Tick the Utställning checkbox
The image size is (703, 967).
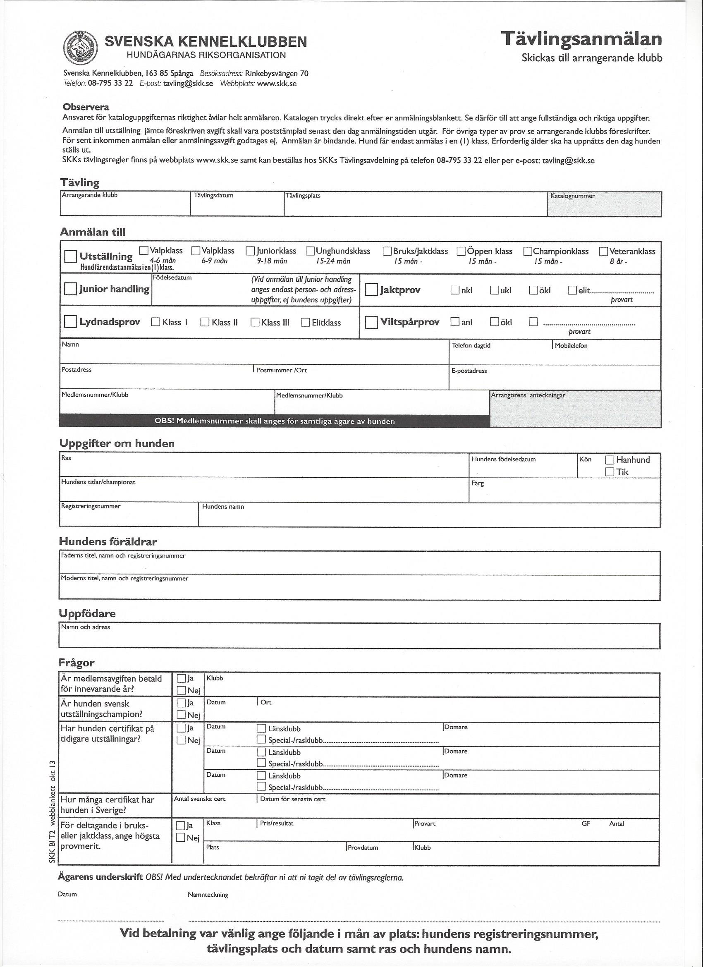click(70, 257)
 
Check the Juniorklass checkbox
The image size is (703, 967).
click(251, 251)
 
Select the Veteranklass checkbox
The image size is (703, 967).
click(604, 251)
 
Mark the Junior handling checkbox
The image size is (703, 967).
click(70, 289)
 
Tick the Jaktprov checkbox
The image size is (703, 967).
click(371, 290)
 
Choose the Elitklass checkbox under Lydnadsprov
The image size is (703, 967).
click(305, 322)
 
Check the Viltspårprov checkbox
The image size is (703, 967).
click(371, 322)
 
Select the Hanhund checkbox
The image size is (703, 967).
click(610, 460)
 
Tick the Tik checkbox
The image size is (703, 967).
click(610, 472)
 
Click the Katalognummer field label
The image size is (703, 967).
click(572, 196)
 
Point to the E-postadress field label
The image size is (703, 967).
click(469, 371)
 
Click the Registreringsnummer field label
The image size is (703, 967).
click(91, 507)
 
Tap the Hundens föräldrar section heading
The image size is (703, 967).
click(108, 542)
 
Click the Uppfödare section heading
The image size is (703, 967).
click(87, 613)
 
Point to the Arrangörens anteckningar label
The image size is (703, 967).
click(528, 395)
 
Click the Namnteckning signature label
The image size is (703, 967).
click(208, 895)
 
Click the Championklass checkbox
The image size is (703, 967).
click(528, 251)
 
